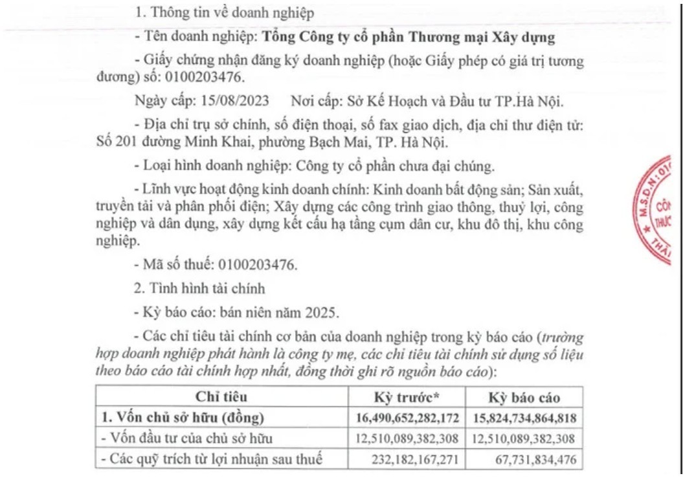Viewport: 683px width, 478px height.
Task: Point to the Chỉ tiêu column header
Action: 221,397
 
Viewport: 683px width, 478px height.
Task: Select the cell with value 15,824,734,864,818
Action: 525,418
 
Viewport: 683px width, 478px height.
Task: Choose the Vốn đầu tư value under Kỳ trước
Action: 407,438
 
